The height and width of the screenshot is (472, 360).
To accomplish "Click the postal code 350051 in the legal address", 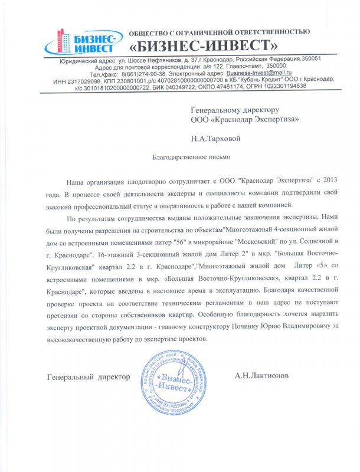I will [x=310, y=59].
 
